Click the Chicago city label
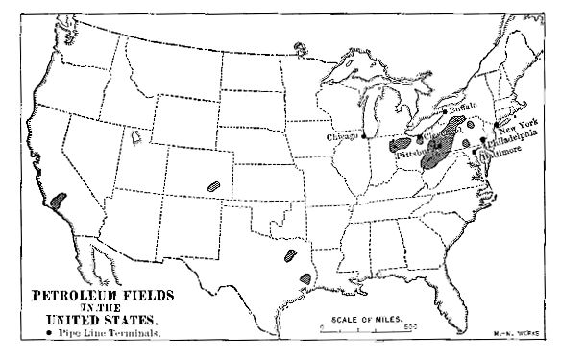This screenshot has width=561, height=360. (x=342, y=137)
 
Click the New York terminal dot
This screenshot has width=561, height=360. (x=496, y=125)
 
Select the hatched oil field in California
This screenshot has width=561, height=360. (x=61, y=201)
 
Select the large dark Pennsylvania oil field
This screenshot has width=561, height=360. (x=440, y=150)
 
